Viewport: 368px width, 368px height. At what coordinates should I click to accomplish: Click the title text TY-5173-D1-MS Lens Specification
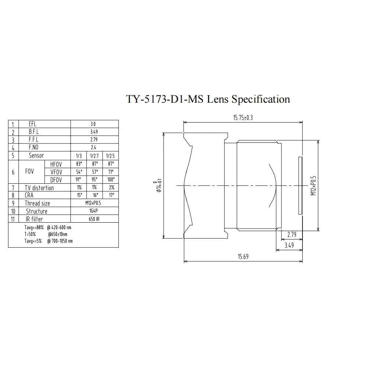[x=208, y=99]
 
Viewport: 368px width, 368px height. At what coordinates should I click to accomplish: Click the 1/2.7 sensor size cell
[x=94, y=156]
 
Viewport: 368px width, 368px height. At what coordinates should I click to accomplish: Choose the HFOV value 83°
[x=78, y=164]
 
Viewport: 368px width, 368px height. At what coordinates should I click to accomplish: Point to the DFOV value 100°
[x=110, y=180]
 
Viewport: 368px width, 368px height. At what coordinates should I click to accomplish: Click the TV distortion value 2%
[x=110, y=188]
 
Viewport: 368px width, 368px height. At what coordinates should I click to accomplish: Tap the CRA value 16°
[x=94, y=195]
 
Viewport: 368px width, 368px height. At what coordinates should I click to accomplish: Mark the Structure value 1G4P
[x=94, y=211]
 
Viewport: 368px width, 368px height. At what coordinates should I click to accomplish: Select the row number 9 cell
[x=13, y=204]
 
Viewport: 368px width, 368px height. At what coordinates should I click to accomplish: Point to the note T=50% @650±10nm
[x=46, y=234]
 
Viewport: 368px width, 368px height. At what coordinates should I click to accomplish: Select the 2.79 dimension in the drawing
[x=292, y=234]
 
